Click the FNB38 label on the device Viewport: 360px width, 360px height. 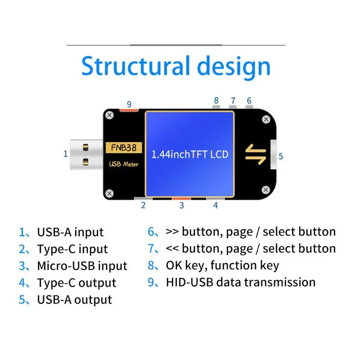124,148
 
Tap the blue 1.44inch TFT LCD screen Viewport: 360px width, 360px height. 189,154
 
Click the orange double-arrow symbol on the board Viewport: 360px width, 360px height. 255,154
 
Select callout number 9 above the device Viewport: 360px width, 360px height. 129,104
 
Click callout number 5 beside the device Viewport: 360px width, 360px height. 281,157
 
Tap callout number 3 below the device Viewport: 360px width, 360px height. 181,206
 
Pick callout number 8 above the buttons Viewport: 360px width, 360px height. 216,100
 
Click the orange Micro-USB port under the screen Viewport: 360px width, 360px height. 181,198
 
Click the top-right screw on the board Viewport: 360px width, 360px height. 265,119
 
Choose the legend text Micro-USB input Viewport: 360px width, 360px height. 82,266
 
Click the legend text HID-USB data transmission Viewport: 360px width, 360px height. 240,283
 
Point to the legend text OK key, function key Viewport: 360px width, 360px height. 222,266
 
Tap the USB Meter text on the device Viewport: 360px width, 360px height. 124,164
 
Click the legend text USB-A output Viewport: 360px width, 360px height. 74,300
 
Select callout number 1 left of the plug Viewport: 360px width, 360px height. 65,154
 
